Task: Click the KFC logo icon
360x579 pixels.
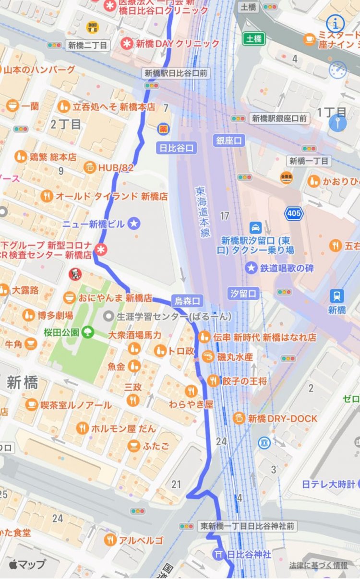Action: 74,274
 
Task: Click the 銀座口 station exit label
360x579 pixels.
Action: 229,140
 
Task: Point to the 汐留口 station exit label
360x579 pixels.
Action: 243,293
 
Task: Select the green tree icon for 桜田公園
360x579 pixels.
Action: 87,331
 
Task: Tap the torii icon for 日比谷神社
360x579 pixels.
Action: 218,554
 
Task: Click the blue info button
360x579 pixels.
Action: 336,23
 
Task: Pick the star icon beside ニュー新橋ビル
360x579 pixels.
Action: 134,224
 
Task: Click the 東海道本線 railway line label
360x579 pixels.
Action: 203,211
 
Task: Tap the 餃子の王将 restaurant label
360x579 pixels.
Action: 244,381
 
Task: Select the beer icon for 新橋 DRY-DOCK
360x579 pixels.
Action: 239,418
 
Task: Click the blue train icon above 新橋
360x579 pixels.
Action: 336,296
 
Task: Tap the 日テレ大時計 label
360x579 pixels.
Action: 328,484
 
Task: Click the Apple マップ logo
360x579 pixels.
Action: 27,564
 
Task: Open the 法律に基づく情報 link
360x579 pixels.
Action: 318,566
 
